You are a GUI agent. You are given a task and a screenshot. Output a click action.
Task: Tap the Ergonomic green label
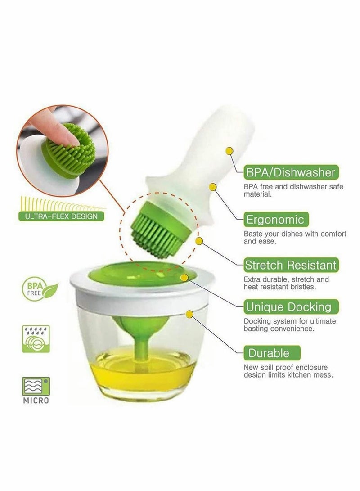click(x=275, y=220)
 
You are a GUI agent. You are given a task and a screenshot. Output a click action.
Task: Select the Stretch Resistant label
click(x=291, y=265)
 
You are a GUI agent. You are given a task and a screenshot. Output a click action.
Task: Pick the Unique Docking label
click(x=288, y=308)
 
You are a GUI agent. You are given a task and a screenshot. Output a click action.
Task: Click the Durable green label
click(x=269, y=352)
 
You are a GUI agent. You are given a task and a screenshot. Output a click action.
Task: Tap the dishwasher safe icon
click(x=36, y=339)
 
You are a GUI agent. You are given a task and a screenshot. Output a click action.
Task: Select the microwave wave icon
click(x=36, y=386)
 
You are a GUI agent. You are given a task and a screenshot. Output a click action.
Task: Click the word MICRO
click(x=36, y=400)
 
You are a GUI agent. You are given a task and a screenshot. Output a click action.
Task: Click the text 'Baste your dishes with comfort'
click(x=295, y=234)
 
